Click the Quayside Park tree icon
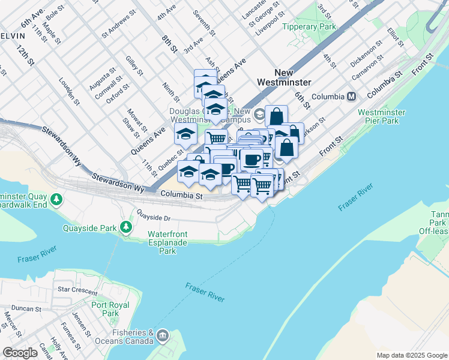125,226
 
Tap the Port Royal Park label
110,309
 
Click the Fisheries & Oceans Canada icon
162,337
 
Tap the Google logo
20,353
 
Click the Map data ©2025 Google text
411,355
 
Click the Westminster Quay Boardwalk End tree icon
57,198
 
